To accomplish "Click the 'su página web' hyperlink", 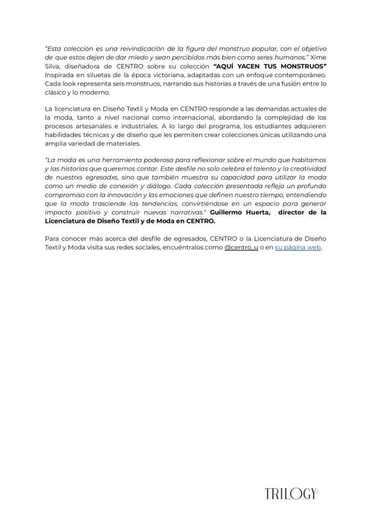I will pyautogui.click(x=298, y=248).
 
